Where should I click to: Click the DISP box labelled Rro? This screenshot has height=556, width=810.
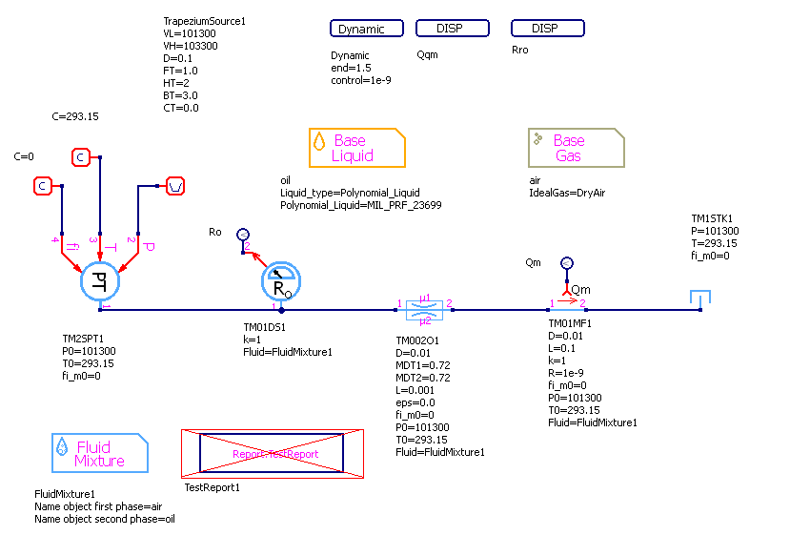click(x=547, y=29)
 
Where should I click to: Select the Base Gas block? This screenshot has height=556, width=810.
click(x=576, y=148)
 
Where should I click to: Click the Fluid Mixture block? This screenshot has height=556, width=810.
click(x=99, y=453)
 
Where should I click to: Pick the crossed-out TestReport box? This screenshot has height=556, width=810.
click(x=274, y=454)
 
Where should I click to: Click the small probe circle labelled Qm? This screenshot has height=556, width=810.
click(x=566, y=262)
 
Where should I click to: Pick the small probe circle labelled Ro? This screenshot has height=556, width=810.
click(x=242, y=234)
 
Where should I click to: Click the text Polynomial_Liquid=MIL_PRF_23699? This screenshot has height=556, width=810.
click(x=360, y=205)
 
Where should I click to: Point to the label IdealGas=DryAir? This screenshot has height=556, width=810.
click(x=567, y=193)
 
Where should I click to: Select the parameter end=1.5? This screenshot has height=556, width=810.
click(x=351, y=68)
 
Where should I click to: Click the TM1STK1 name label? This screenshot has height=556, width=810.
click(x=712, y=218)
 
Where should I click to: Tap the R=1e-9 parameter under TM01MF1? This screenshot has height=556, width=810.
click(x=567, y=373)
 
